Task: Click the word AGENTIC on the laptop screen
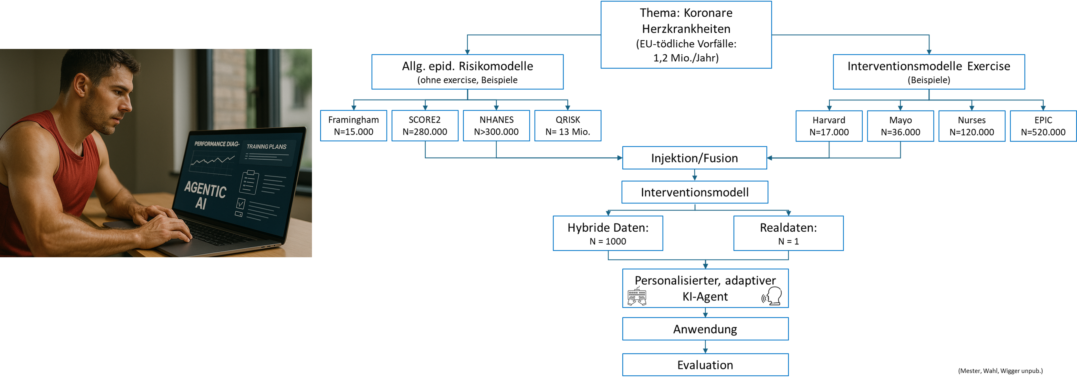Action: pyautogui.click(x=205, y=189)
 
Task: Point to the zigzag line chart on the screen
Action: pyautogui.click(x=212, y=161)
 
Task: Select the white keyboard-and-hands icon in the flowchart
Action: pyautogui.click(x=637, y=296)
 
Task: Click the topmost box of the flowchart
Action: pyautogui.click(x=686, y=35)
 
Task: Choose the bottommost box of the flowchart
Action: pyautogui.click(x=705, y=365)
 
